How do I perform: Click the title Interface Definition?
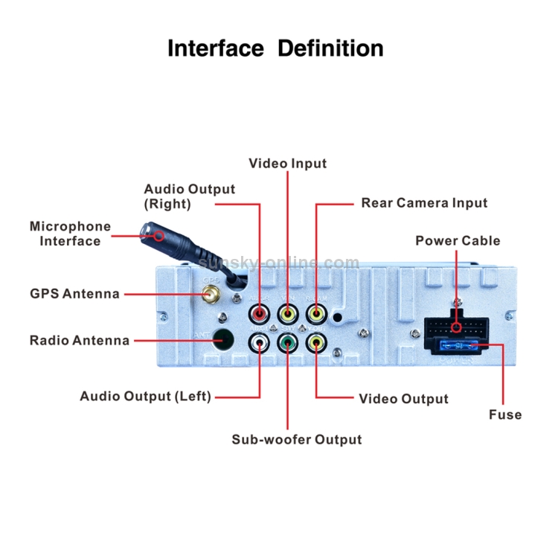(275, 48)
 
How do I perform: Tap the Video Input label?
(287, 163)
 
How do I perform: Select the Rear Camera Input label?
(424, 202)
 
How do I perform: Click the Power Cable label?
(458, 240)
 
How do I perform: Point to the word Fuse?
(504, 414)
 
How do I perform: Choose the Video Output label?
(403, 399)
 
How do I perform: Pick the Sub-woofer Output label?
(296, 439)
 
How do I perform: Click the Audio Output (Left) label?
(145, 396)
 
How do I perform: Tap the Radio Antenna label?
(80, 340)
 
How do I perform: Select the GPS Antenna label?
(74, 293)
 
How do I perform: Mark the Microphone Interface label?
(70, 234)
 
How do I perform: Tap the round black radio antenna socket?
(222, 339)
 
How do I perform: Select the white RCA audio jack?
(260, 342)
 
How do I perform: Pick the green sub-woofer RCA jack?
(288, 342)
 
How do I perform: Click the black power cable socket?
(455, 327)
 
